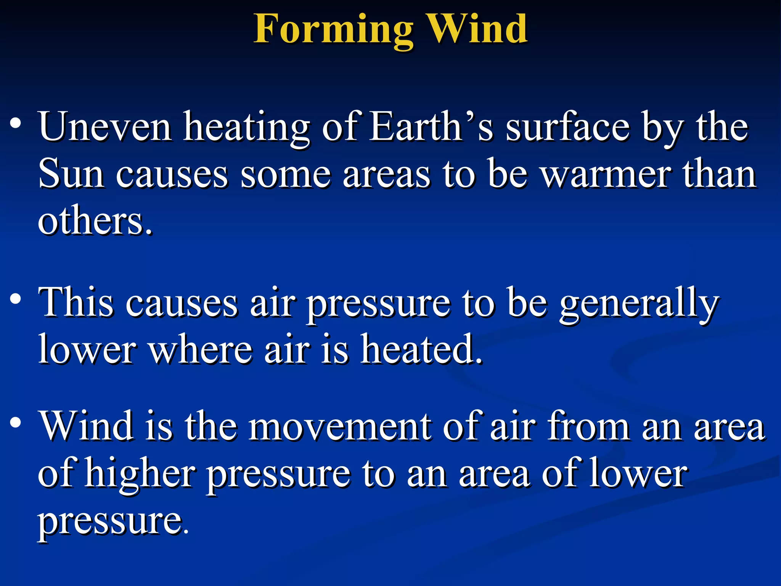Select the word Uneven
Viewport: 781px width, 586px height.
(105, 127)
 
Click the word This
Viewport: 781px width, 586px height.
(76, 303)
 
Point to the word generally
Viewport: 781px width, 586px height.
(639, 305)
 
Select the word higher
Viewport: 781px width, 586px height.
(140, 475)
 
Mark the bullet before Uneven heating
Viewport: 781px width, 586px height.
(16, 124)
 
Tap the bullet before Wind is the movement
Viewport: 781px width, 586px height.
(16, 423)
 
